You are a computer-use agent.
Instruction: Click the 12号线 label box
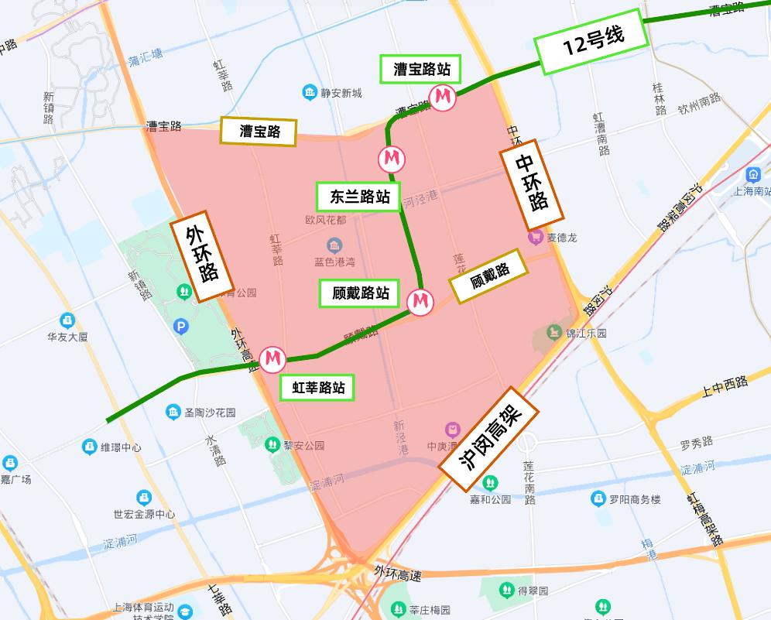593,42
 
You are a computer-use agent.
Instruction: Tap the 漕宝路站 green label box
421,69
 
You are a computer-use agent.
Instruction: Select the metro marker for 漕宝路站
443,98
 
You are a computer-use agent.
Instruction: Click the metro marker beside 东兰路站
391,159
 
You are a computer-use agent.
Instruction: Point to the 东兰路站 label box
359,197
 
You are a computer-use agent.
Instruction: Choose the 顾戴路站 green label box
360,293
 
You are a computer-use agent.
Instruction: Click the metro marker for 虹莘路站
272,359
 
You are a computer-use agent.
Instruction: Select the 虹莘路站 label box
318,387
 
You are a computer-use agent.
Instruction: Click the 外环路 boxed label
201,258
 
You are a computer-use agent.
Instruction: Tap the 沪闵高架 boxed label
490,437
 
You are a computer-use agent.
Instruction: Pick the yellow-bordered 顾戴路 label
488,276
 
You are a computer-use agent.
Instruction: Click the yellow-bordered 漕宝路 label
259,131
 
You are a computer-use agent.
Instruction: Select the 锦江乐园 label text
586,333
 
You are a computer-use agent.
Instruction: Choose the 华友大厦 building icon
67,320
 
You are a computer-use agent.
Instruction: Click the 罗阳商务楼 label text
635,499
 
